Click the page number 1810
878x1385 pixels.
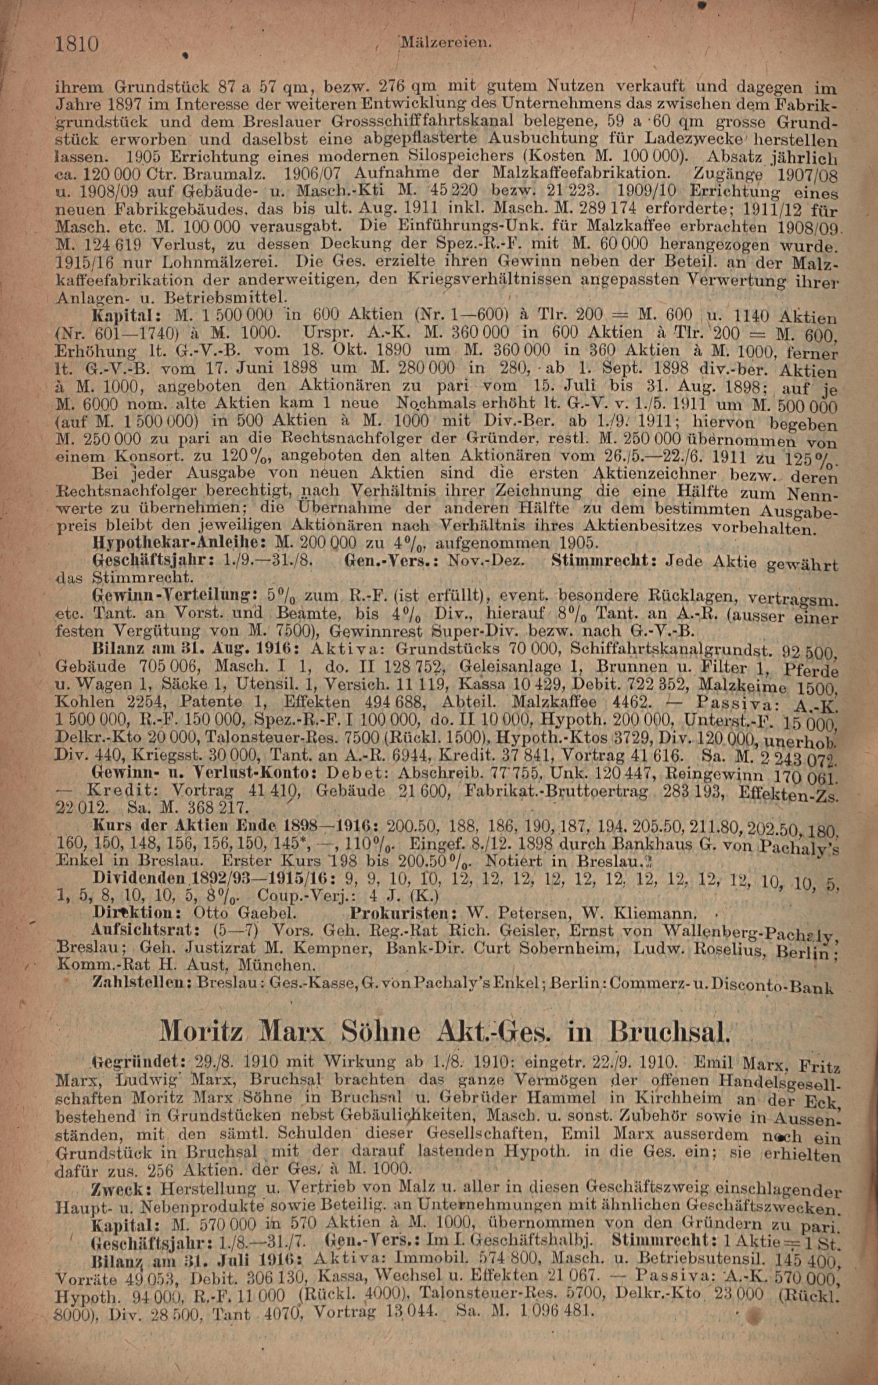coord(77,43)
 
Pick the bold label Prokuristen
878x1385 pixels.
coord(407,913)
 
